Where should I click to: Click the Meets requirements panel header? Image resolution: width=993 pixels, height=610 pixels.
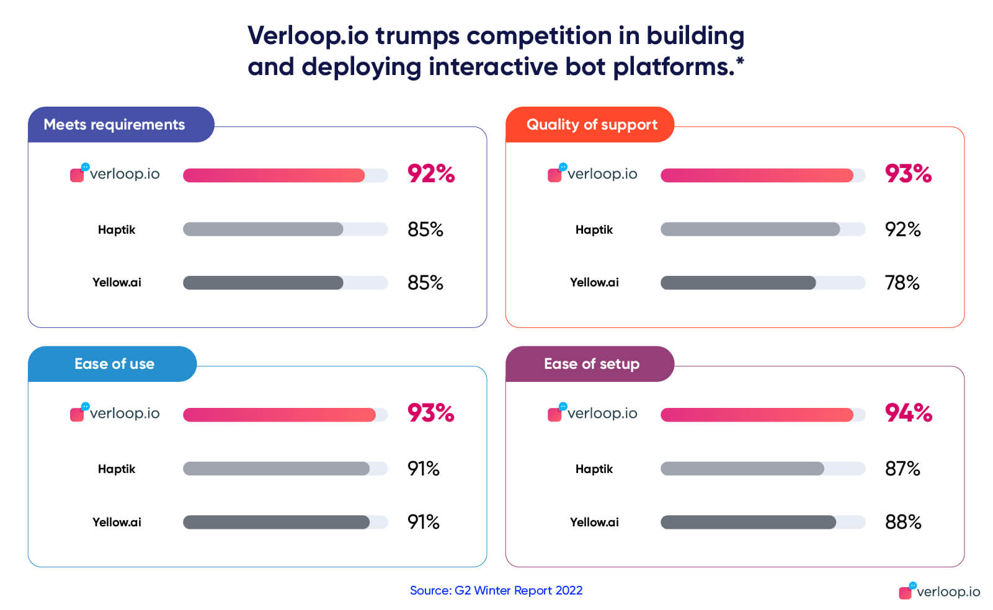click(x=114, y=125)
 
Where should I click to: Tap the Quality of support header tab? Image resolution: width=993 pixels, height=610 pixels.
click(x=591, y=125)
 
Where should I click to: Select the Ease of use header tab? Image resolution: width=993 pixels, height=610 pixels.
click(x=114, y=364)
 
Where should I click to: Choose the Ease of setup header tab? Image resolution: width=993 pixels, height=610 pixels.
click(x=591, y=364)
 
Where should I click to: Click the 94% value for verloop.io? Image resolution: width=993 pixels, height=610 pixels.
click(x=908, y=413)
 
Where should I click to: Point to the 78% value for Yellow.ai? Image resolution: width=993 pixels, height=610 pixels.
click(x=902, y=283)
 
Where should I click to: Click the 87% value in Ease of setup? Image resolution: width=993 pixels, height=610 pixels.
click(x=902, y=469)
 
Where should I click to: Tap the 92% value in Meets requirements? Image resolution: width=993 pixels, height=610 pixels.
click(x=430, y=174)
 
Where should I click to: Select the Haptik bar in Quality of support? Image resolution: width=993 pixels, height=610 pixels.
click(x=750, y=229)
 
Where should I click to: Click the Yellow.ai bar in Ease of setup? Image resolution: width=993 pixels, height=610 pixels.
click(x=748, y=522)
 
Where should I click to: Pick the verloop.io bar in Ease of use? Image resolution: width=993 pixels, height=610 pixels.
click(x=279, y=415)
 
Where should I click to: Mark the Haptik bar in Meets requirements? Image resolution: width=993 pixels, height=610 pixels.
click(x=263, y=229)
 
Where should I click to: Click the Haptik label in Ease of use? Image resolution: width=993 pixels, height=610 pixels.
click(x=116, y=469)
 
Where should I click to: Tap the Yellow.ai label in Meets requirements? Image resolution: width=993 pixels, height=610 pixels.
click(x=117, y=283)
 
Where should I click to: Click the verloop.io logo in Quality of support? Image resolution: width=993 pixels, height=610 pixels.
click(x=592, y=174)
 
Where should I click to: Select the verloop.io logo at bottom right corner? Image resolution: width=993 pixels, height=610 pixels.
click(x=939, y=591)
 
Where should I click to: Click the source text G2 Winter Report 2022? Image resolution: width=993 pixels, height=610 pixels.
click(x=518, y=590)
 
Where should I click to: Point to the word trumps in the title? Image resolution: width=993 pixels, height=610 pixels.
click(x=417, y=36)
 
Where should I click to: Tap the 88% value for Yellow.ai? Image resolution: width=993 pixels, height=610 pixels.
click(x=902, y=522)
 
